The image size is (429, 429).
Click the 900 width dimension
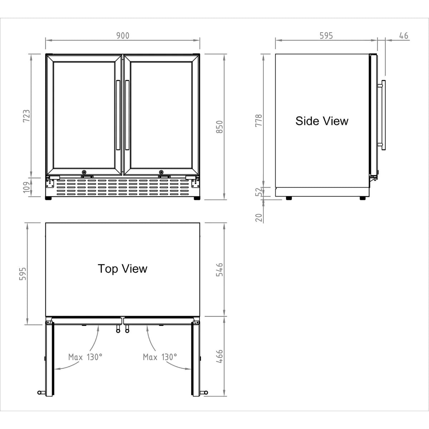coord(123,35)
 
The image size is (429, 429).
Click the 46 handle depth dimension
coord(403,35)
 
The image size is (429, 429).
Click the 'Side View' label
coord(322,121)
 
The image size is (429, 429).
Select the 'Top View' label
coord(123,268)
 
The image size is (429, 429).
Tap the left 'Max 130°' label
coord(85,357)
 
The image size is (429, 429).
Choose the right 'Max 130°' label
coord(160,357)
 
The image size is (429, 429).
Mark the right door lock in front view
coord(161,172)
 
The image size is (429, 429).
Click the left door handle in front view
coord(118,114)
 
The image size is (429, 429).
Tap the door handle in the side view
coord(383,114)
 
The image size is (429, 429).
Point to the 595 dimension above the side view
coord(326,35)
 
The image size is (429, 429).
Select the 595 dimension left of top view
coord(22,274)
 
